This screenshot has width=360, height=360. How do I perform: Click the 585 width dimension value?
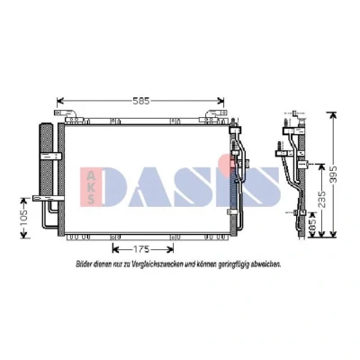click(x=141, y=101)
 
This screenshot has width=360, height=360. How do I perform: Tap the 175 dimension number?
click(x=141, y=249)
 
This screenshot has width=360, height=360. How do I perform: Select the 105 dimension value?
click(x=24, y=218)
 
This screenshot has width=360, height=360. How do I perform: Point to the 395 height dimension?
click(x=334, y=174)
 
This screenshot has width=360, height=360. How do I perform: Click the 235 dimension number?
click(x=321, y=199)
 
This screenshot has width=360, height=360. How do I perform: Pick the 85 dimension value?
click(x=312, y=225)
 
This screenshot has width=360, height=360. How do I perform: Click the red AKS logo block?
click(x=91, y=187)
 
